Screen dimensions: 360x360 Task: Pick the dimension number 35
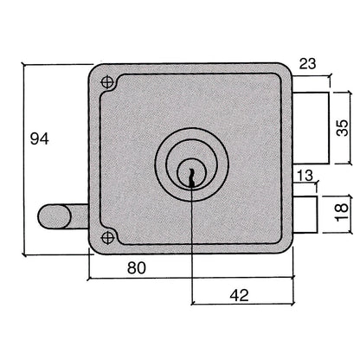coord(343,127)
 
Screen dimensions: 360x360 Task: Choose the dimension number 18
coord(343,210)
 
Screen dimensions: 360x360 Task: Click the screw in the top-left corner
coord(107,82)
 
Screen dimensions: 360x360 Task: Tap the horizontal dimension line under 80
coord(190,279)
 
